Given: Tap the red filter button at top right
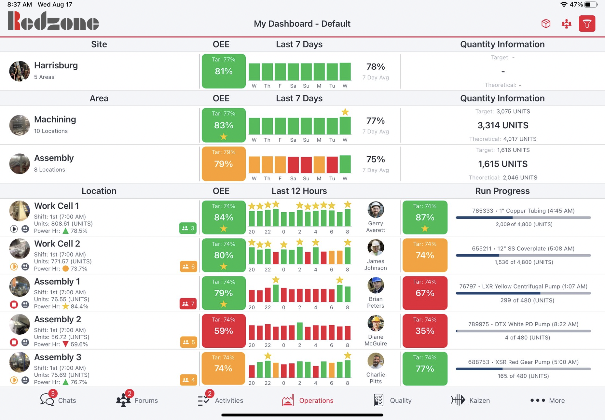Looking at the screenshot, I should pyautogui.click(x=587, y=24).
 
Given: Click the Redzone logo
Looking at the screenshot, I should pyautogui.click(x=53, y=21).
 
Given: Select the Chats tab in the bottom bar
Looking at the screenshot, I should pyautogui.click(x=58, y=400).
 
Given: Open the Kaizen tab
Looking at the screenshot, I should pyautogui.click(x=470, y=400).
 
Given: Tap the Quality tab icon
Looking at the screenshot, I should pyautogui.click(x=378, y=400).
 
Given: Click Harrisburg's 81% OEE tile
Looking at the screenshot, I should pyautogui.click(x=224, y=71).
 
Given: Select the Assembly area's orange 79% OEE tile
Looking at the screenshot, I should pyautogui.click(x=224, y=164).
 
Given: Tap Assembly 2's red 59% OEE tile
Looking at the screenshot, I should pyautogui.click(x=224, y=331).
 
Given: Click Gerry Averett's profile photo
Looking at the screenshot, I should pyautogui.click(x=376, y=210).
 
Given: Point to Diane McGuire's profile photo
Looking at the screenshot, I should pyautogui.click(x=376, y=323).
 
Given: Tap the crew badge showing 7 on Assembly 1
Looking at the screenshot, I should pyautogui.click(x=188, y=304).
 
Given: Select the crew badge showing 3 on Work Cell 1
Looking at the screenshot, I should pyautogui.click(x=188, y=228).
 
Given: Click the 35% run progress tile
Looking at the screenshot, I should pyautogui.click(x=425, y=331).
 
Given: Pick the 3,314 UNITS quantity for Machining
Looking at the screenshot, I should pyautogui.click(x=502, y=125).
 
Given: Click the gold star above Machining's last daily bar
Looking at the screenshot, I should pyautogui.click(x=345, y=112).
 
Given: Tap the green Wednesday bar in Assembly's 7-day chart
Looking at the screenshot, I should pyautogui.click(x=345, y=164).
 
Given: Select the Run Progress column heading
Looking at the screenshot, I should pyautogui.click(x=502, y=191).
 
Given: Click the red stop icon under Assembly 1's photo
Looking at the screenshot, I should pyautogui.click(x=14, y=304).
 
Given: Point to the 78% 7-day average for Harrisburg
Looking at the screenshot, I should pyautogui.click(x=376, y=67).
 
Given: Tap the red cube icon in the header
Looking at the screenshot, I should pyautogui.click(x=546, y=23).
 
